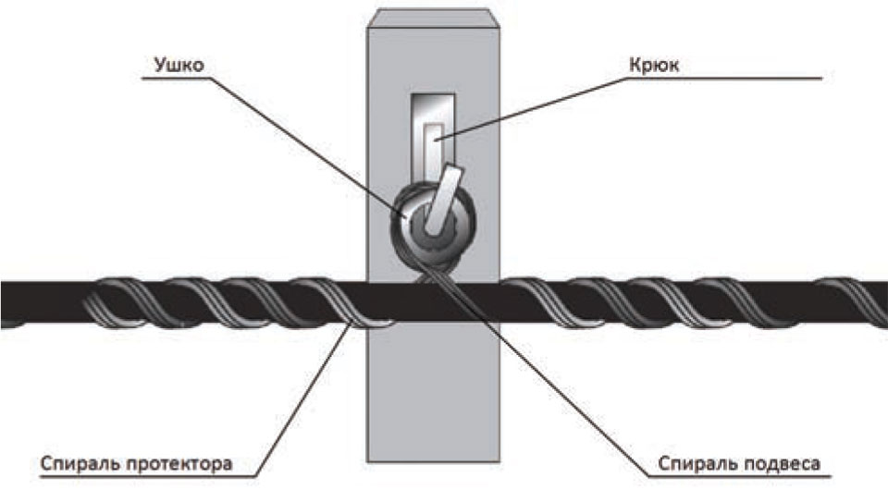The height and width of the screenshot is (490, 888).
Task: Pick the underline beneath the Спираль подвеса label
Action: [740, 473]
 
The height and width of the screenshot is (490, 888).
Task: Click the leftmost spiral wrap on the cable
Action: [106, 300]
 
